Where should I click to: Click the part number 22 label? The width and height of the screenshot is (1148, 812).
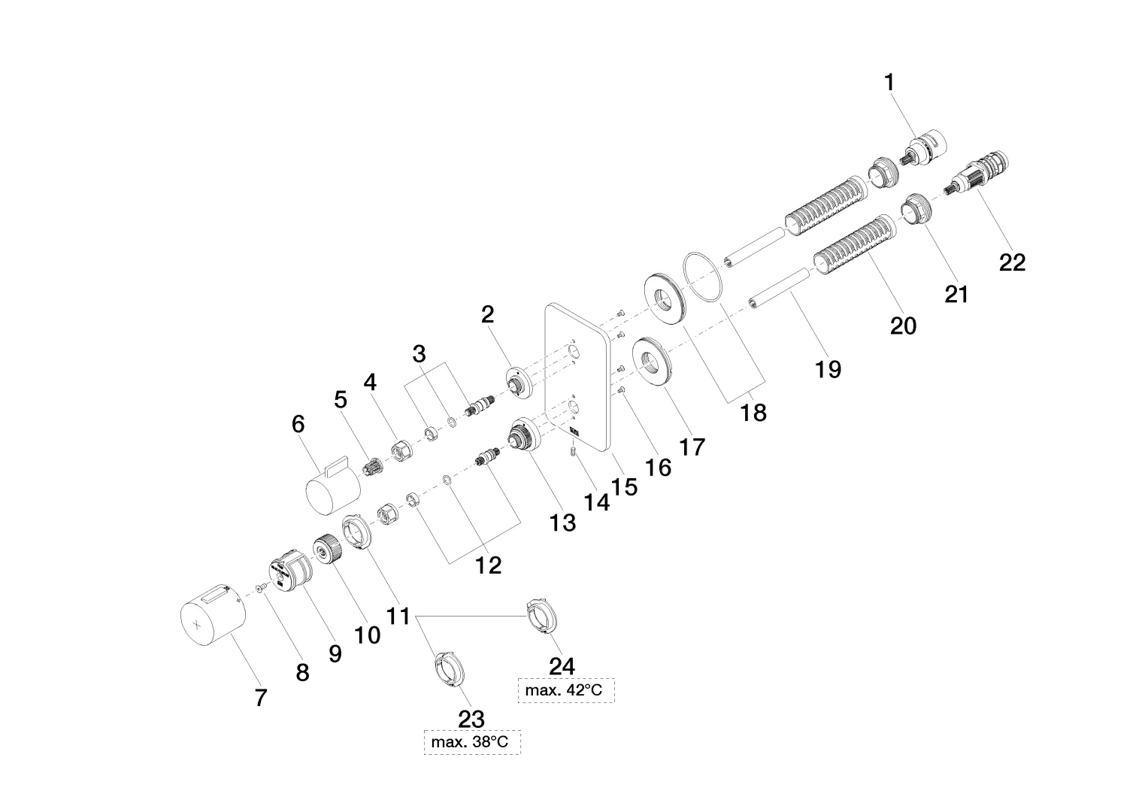click(x=1012, y=262)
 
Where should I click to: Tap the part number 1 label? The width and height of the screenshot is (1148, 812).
click(x=890, y=83)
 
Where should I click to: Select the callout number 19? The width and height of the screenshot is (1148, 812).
click(x=828, y=369)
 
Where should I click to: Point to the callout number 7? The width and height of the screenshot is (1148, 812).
click(x=260, y=698)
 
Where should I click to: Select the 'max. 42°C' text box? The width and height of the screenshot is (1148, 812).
click(x=566, y=690)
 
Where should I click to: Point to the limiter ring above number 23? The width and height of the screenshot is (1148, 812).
click(x=449, y=668)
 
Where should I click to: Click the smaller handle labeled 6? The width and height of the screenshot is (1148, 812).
click(x=332, y=486)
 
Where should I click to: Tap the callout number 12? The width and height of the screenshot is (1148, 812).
click(x=489, y=565)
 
